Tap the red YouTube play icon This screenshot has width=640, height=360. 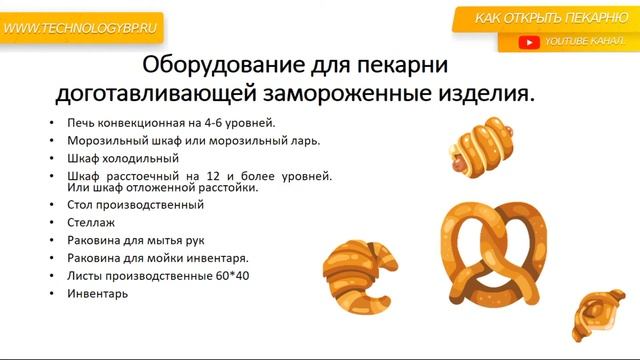click(529, 42)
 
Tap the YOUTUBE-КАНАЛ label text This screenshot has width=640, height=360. click(585, 42)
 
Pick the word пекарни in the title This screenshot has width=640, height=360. click(396, 67)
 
